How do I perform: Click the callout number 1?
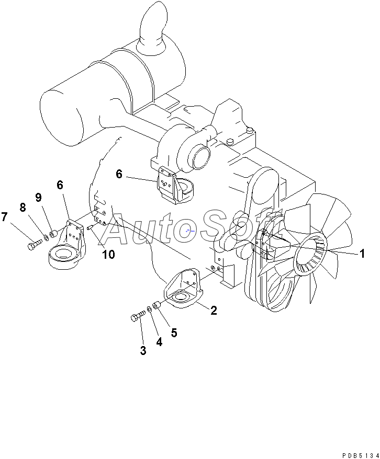click(x=361, y=254)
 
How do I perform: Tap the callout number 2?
click(x=214, y=311)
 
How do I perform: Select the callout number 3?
click(x=143, y=350)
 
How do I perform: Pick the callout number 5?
click(x=173, y=332)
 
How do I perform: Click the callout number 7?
click(x=5, y=216)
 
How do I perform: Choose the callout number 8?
click(x=23, y=208)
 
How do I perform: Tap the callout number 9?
click(x=38, y=197)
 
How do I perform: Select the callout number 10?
click(x=108, y=255)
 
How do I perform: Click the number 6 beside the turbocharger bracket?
click(x=119, y=174)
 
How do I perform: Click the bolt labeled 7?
click(x=33, y=244)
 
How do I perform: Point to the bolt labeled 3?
click(x=138, y=316)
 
